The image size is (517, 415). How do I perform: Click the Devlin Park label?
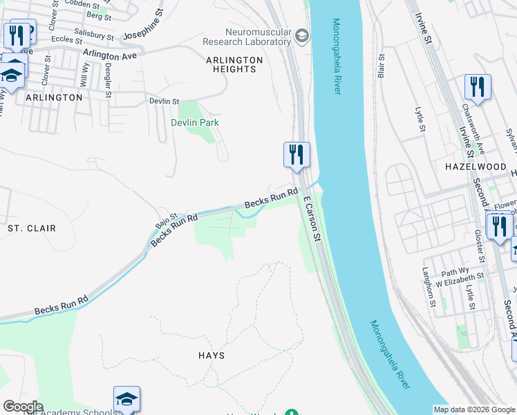coord(195,122)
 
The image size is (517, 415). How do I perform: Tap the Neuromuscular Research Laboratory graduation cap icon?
coord(301,35)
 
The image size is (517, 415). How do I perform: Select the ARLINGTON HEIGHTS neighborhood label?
coord(234,64)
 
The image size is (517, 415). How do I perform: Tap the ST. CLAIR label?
coord(31,228)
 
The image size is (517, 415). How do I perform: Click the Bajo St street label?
coord(167,221)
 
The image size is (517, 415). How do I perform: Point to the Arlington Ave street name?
coord(111,53)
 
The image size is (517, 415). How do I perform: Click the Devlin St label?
coord(164,101)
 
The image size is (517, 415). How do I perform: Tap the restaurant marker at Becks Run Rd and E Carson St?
coord(297,154)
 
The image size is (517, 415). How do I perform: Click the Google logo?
coord(23,407)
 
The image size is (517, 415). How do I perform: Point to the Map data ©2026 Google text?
coord(475,409)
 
